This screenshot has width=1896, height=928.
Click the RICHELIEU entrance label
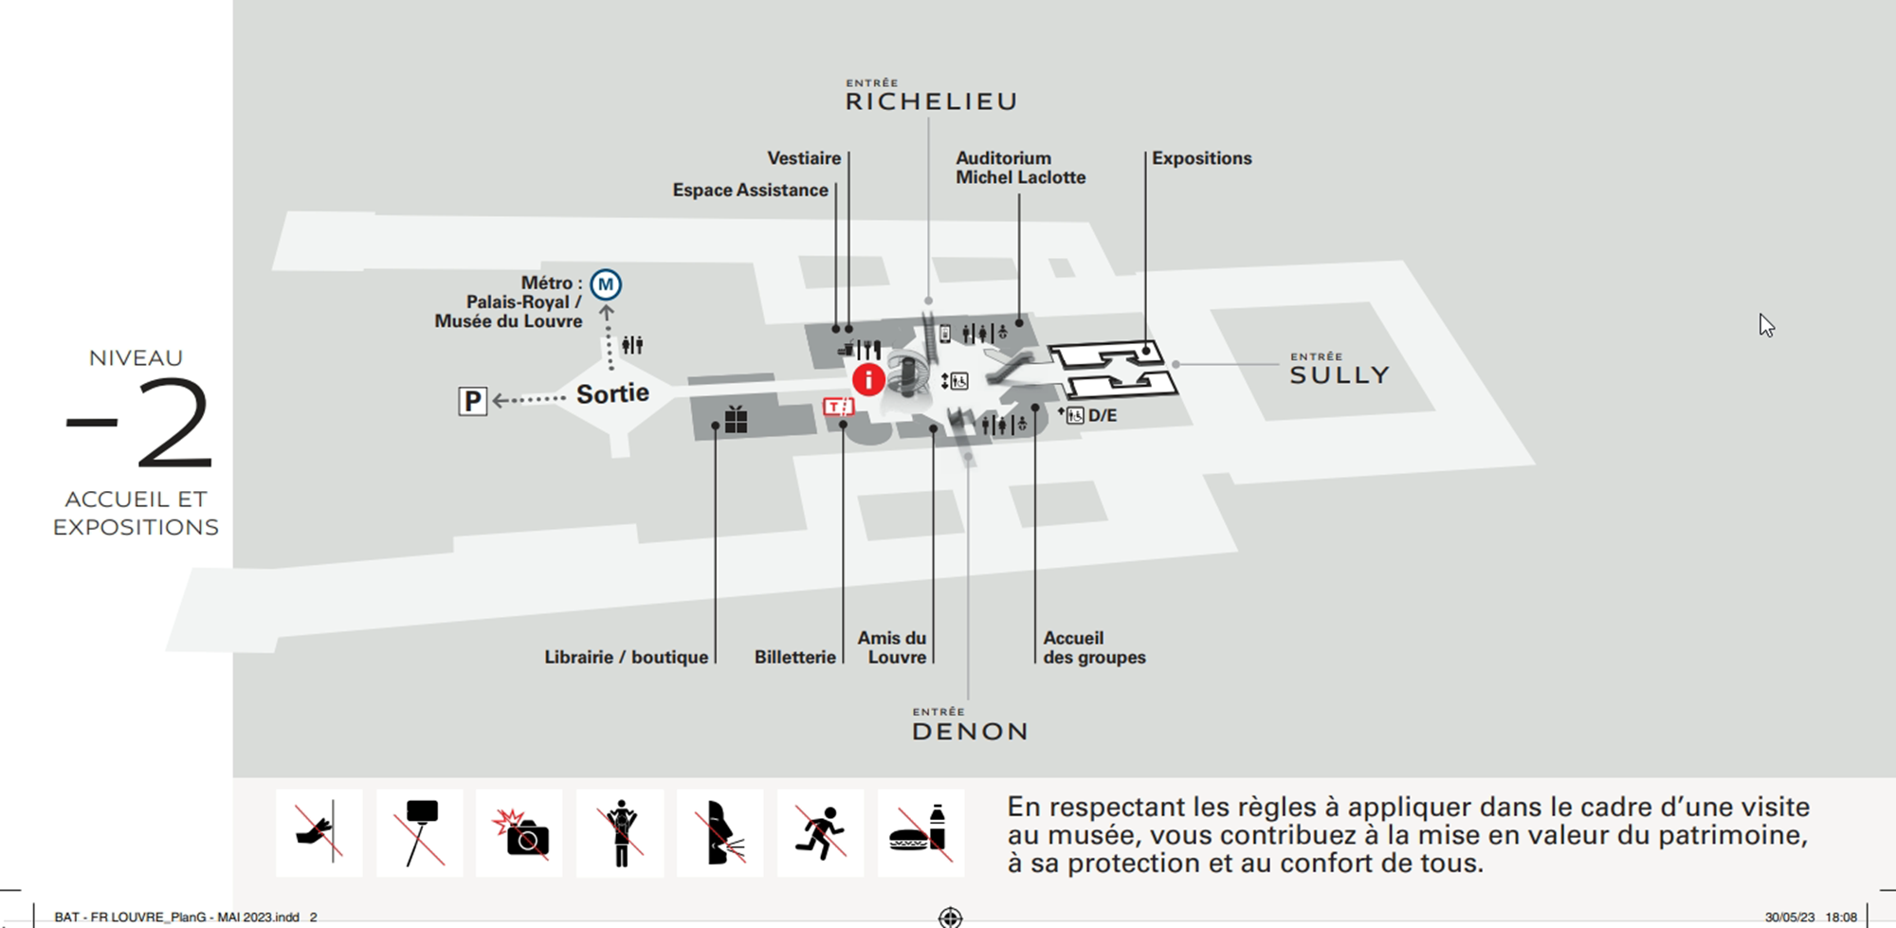(x=931, y=101)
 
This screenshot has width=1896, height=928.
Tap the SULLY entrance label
(x=1339, y=374)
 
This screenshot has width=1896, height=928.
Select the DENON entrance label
(x=970, y=731)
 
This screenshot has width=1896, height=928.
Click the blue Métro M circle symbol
(x=606, y=284)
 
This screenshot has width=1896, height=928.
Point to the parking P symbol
(x=472, y=401)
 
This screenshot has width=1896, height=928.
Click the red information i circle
(x=868, y=380)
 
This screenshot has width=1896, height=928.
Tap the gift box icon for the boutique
(x=737, y=419)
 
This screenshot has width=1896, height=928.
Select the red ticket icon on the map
(x=839, y=407)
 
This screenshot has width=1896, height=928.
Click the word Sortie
(x=612, y=393)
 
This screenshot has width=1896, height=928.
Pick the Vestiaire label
(x=804, y=158)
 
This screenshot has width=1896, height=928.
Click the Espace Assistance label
(x=750, y=191)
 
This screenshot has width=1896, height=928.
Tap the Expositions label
(x=1201, y=158)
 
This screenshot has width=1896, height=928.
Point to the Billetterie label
(x=794, y=657)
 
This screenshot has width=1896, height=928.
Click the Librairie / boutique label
(x=626, y=657)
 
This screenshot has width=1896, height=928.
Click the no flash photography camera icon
(x=520, y=833)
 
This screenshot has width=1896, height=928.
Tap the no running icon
(x=820, y=833)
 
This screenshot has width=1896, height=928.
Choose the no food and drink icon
(x=921, y=833)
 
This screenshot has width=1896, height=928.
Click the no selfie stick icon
(x=420, y=833)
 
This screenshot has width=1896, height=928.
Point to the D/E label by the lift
(x=1102, y=415)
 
